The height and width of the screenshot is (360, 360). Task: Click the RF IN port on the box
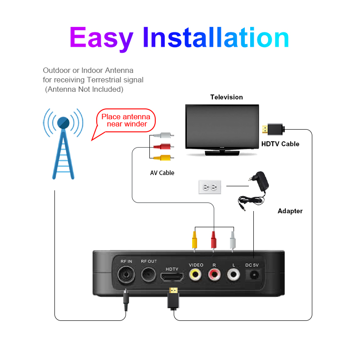coord(126,274)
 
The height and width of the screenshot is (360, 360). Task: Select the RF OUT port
coord(148,274)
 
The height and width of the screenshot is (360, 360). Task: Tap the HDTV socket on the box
coord(172,277)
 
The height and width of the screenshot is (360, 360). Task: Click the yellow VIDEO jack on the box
coord(195,274)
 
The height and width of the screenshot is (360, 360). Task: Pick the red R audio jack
coord(214,274)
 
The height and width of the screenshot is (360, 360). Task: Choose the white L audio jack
coord(234,274)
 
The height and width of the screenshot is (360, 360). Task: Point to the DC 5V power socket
coord(253,275)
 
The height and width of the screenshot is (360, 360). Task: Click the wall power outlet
coord(210,187)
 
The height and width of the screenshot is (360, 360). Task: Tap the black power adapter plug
coord(259,181)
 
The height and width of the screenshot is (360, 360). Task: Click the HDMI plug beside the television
coord(273,130)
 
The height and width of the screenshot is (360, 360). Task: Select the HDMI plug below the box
coord(173,298)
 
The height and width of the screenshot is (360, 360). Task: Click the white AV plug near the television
coord(163,135)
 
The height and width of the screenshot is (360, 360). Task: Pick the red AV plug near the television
coord(163,146)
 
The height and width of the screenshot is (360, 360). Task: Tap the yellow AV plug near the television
coord(163,158)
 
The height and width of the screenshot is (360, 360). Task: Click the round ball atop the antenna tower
coord(63,123)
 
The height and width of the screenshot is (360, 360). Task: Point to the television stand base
coord(222,153)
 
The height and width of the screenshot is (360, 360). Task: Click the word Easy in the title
coord(101,38)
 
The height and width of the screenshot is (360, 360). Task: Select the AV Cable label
coord(162,173)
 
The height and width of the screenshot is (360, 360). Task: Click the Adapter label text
coord(290,211)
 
